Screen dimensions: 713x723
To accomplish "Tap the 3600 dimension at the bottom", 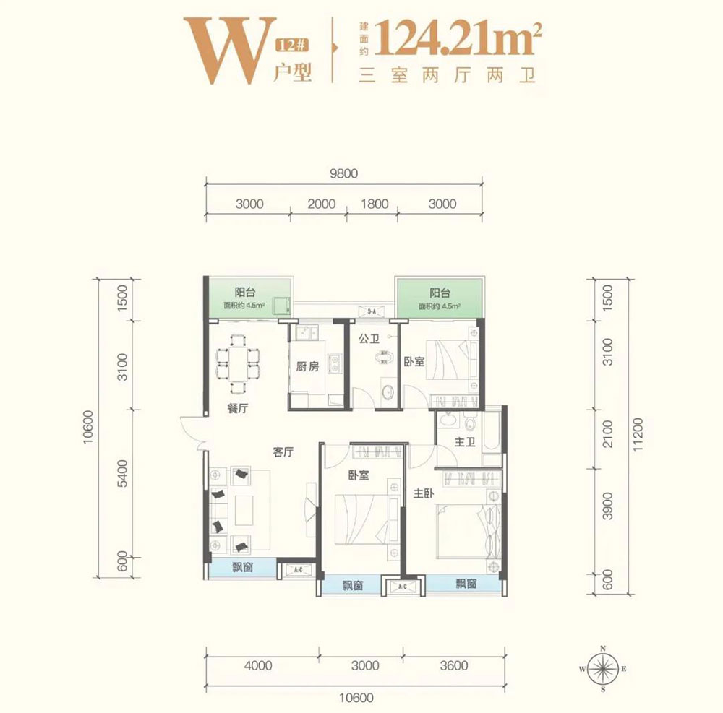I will (x=453, y=665).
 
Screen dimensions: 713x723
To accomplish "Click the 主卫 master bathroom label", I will (x=463, y=442).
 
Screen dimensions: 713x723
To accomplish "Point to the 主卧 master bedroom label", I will (x=424, y=494).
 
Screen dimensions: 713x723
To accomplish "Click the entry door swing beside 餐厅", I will (x=193, y=431).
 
